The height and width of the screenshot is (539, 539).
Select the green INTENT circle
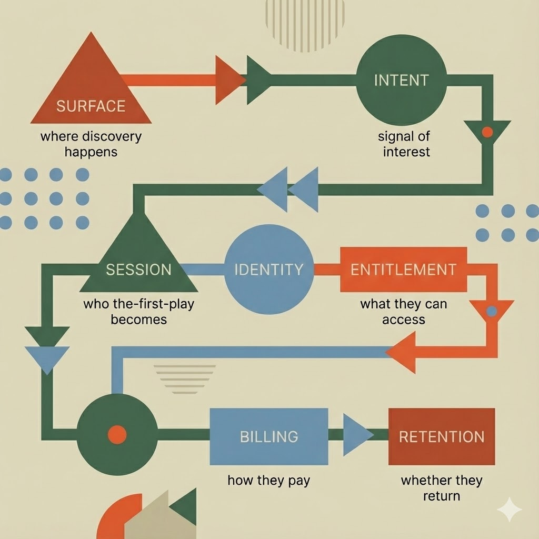[x=401, y=81]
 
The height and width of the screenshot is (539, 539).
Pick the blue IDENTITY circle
[x=268, y=269]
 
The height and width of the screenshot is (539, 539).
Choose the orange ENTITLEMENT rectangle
[x=403, y=269]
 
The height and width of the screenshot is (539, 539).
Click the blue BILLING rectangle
[x=268, y=436]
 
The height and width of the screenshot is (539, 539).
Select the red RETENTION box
[x=441, y=436]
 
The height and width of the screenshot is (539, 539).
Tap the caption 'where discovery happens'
[x=91, y=144]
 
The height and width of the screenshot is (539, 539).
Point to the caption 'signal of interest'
[x=404, y=144]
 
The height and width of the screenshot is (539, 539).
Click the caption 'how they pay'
[x=268, y=480]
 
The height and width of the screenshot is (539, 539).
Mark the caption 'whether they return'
[x=441, y=487]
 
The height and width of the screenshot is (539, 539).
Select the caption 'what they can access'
[x=404, y=312]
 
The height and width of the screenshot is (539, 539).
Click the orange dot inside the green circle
[x=117, y=435]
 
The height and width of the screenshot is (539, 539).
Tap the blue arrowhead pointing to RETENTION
[x=357, y=435]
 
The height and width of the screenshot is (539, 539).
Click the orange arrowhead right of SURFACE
[x=229, y=80]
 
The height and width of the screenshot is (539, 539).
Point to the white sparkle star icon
[x=510, y=510]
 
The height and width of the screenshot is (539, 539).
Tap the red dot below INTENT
[x=487, y=132]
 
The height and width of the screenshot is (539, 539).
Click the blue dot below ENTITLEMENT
[x=491, y=311]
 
